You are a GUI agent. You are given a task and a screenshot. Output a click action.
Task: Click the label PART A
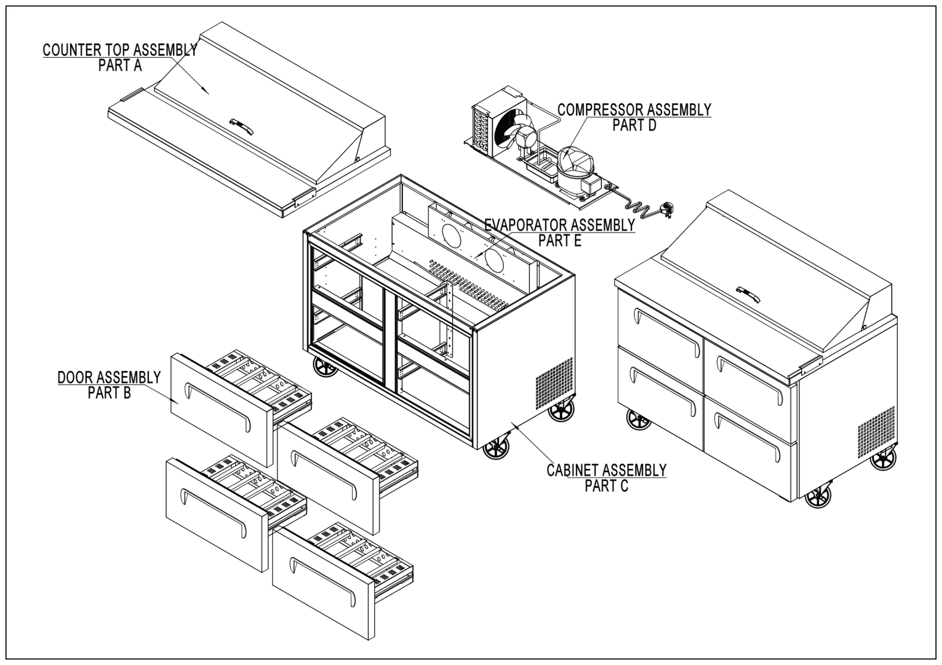(x=120, y=66)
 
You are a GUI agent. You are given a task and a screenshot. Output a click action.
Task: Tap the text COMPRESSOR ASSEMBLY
(x=634, y=110)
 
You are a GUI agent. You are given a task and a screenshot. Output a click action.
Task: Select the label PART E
(x=560, y=241)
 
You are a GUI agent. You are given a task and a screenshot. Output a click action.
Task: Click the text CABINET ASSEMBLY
(x=606, y=470)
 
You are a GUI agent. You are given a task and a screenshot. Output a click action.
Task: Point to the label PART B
(x=109, y=393)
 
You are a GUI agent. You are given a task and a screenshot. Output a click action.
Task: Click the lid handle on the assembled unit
(x=748, y=294)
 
